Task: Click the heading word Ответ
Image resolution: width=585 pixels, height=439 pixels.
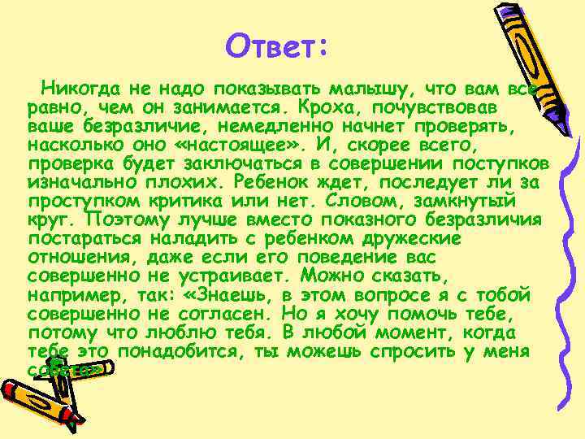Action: click(275, 46)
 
